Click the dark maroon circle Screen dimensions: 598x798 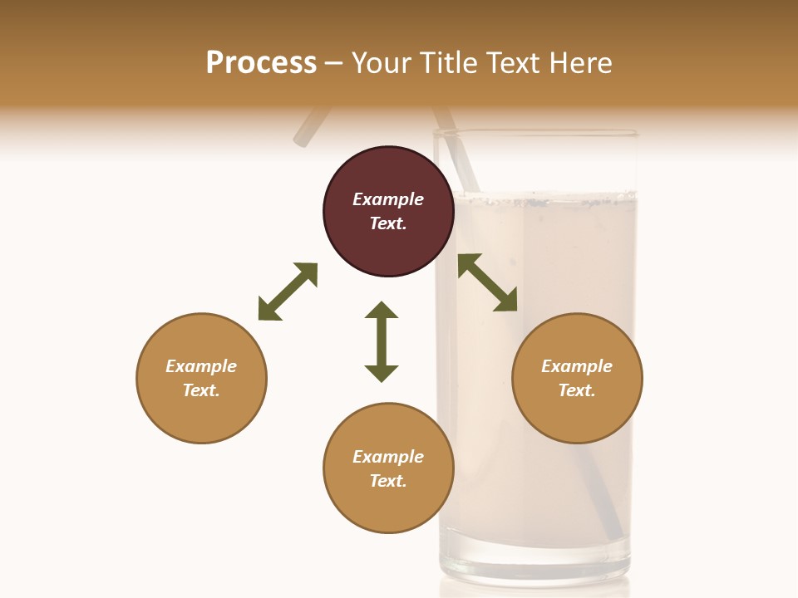click(388, 212)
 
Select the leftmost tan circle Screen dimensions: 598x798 click(201, 378)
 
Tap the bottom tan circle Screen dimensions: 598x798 click(388, 468)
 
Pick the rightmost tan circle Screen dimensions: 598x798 click(577, 378)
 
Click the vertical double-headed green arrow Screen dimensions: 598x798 click(382, 341)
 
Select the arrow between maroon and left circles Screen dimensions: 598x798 click(288, 292)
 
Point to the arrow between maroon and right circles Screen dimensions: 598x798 click(488, 282)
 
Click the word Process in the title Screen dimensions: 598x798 click(261, 62)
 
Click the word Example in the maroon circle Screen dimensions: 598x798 click(388, 199)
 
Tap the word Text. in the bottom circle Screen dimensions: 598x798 click(388, 481)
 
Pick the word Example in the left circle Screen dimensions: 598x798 click(201, 366)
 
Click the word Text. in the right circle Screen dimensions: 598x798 click(577, 390)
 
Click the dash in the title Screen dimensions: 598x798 click(334, 63)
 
